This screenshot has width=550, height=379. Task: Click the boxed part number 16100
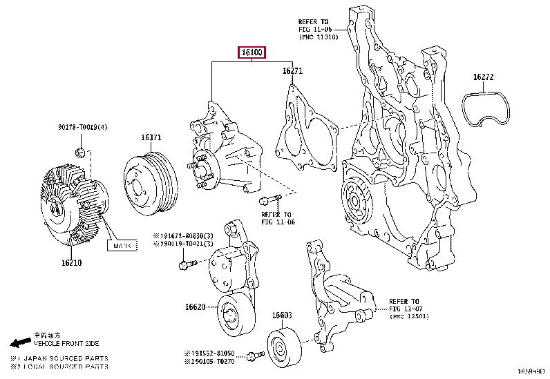(252, 52)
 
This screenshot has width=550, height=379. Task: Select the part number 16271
(292, 70)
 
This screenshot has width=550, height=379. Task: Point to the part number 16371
(151, 137)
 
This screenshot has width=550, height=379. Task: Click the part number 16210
(71, 262)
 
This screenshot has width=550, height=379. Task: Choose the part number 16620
(195, 307)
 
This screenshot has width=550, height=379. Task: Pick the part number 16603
(281, 315)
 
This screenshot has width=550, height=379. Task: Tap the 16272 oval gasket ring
(489, 110)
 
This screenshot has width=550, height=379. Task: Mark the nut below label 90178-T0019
(80, 153)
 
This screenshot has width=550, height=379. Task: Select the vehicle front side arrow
(21, 342)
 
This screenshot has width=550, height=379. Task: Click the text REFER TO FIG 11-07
(404, 305)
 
